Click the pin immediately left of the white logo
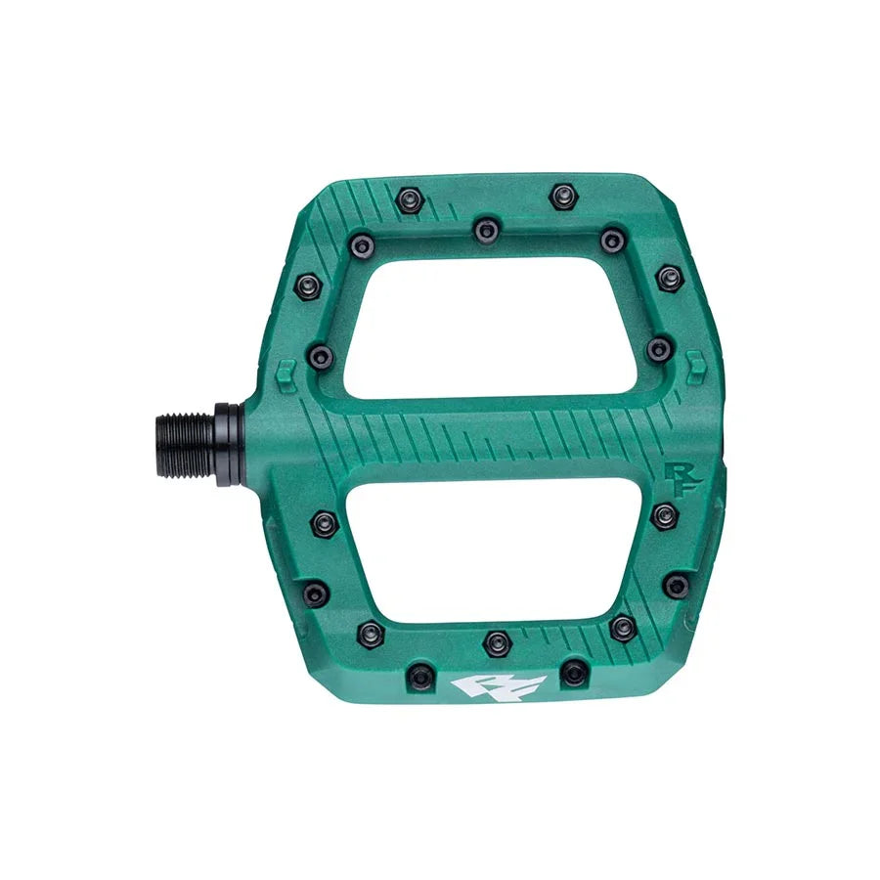point(420,673)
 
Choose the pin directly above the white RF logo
point(497,642)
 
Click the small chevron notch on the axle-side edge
point(286,370)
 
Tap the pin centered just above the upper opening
point(486,231)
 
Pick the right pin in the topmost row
point(560,197)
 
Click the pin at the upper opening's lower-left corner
point(320,356)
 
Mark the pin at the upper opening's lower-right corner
point(660,347)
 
